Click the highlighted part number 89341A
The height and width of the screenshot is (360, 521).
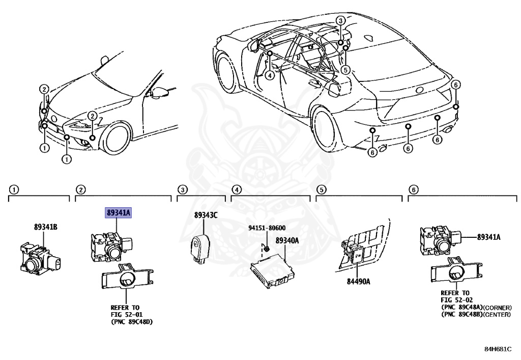click(x=118, y=213)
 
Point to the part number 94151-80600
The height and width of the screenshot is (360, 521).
click(x=267, y=228)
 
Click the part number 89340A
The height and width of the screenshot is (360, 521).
click(x=287, y=240)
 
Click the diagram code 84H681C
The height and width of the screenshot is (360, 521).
click(x=499, y=349)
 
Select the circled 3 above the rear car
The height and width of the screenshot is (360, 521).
click(x=341, y=21)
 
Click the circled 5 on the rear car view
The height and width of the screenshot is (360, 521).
click(x=345, y=70)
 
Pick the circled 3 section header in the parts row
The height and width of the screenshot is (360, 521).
click(x=181, y=190)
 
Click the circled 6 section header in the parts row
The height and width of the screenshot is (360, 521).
click(x=413, y=190)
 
